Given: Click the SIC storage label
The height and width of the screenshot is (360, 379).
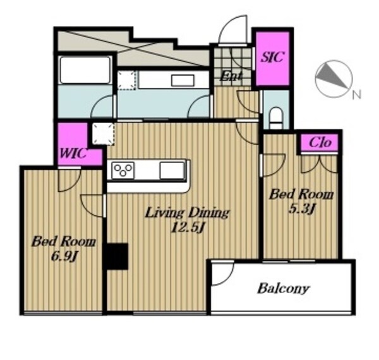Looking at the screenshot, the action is (272, 57).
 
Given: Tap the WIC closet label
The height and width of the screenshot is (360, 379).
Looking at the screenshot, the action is (73, 153).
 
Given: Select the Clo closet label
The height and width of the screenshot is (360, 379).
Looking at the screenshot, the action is (320, 143).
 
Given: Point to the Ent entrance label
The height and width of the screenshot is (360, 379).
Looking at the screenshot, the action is (231, 76).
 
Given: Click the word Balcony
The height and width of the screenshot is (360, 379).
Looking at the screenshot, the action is (283, 289).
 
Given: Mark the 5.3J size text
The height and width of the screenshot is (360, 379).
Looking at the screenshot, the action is (301, 209).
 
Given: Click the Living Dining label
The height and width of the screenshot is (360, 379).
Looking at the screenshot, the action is (187, 213).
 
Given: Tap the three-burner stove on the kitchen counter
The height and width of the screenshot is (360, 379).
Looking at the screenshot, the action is (123, 171).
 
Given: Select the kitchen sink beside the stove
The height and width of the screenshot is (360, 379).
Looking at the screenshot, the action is (172, 171).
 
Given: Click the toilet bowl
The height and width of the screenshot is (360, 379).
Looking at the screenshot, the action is (276, 117).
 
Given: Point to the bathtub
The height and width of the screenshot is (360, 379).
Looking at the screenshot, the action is (85, 70).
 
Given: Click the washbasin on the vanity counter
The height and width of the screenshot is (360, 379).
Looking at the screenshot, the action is (183, 80).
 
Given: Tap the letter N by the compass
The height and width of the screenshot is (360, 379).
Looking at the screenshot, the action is (356, 95).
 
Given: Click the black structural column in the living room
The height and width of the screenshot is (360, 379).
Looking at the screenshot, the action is (116, 256).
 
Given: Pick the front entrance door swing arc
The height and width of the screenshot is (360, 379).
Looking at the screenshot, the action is (233, 30).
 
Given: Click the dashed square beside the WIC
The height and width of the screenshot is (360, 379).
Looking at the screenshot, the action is (103, 134).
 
